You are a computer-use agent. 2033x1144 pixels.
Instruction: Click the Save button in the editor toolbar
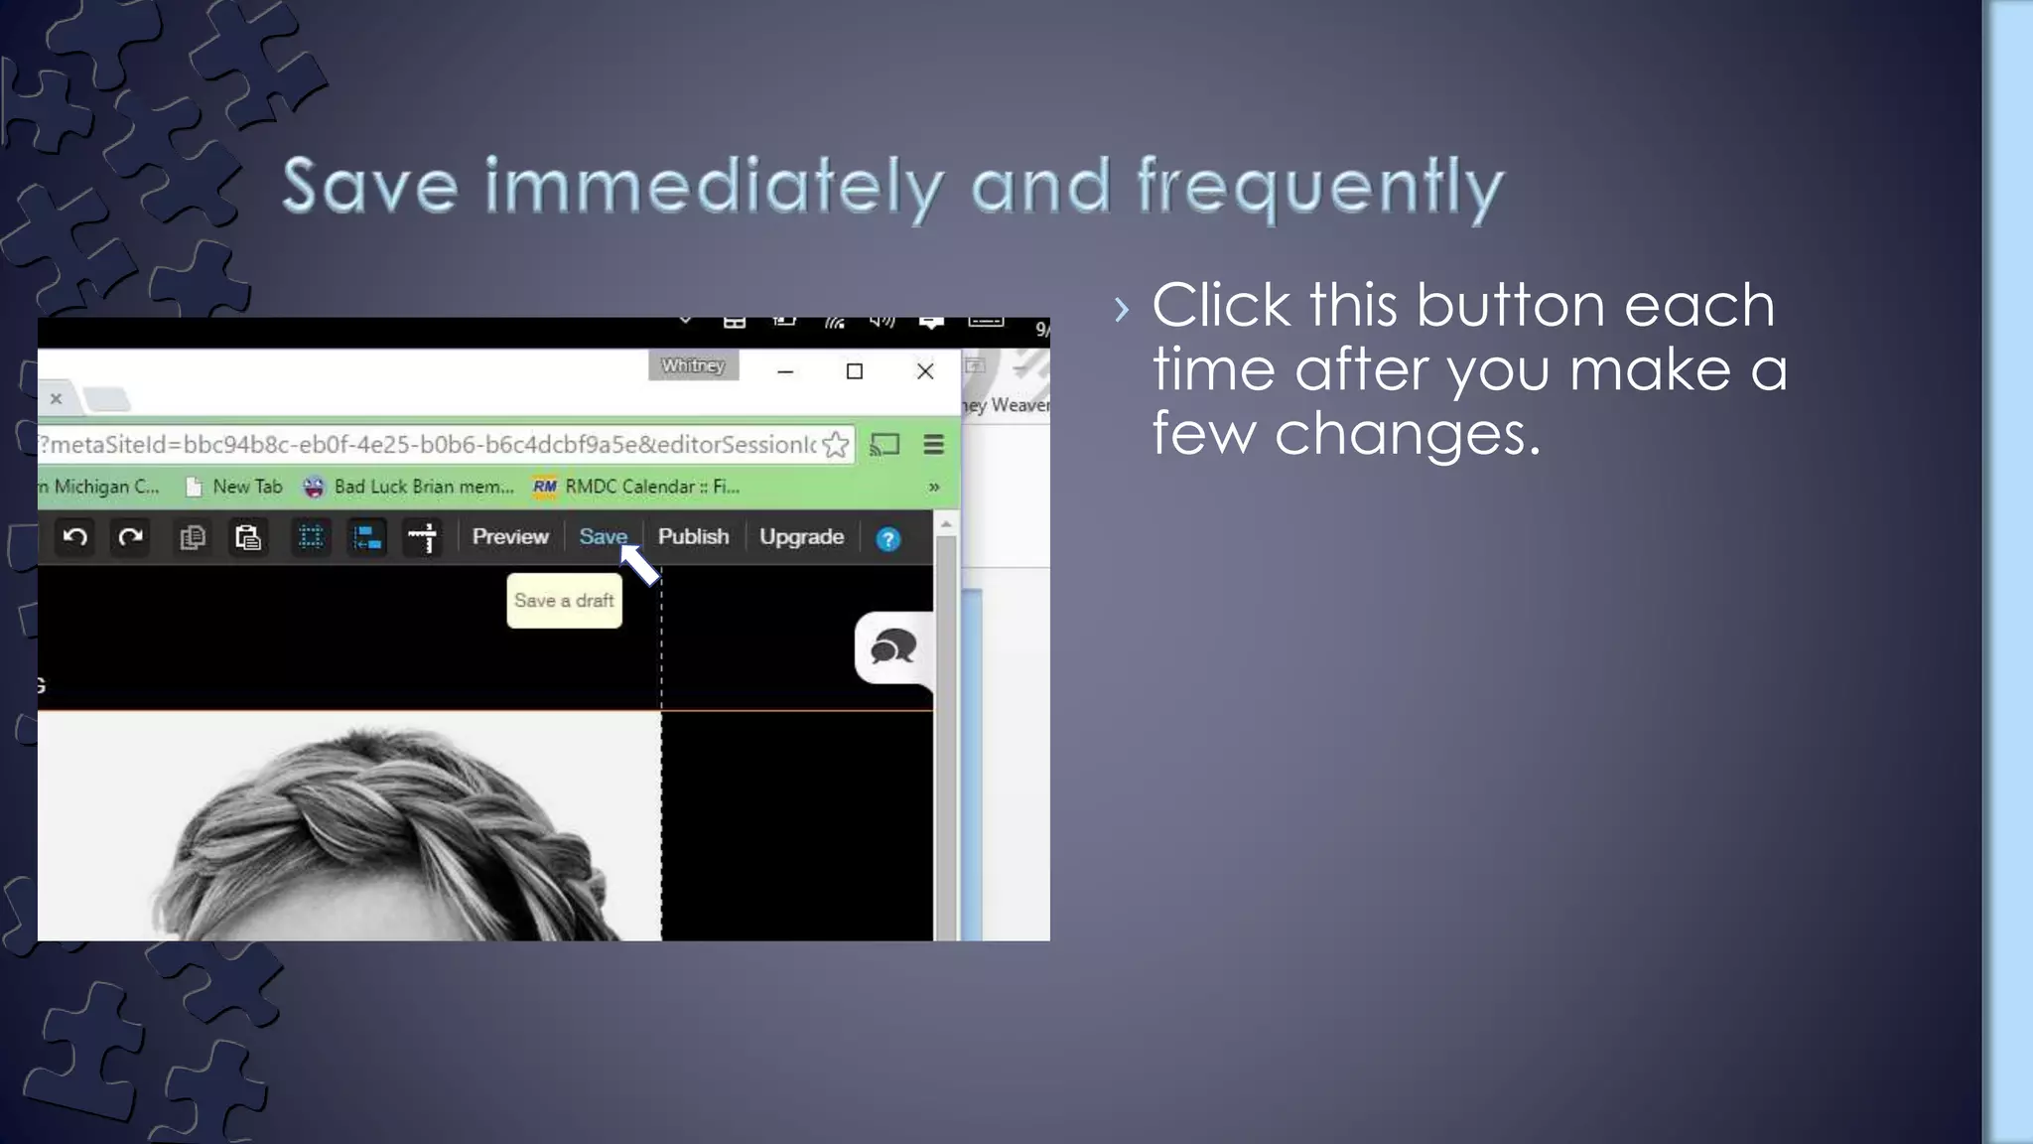[x=602, y=537]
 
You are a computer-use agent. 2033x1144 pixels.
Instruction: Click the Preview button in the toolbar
[x=510, y=537]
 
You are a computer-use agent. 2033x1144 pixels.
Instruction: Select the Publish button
[x=693, y=537]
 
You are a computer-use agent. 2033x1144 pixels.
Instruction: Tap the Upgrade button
[x=801, y=537]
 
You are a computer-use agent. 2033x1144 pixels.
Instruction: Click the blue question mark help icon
[x=887, y=539]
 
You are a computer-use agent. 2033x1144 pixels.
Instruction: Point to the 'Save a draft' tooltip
[x=564, y=601]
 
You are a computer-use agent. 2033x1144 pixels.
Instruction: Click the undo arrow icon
[x=75, y=538]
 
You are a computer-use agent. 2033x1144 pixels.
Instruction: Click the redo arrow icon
[x=130, y=538]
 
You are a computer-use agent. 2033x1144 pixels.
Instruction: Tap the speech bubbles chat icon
[x=892, y=647]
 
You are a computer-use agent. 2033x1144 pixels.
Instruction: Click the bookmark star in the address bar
[x=836, y=445]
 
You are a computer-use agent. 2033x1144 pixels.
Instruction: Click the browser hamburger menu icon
[x=933, y=445]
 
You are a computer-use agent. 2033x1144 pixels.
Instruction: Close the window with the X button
[x=925, y=371]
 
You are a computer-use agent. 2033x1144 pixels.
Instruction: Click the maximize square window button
[x=854, y=371]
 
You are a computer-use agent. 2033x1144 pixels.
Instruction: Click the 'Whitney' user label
[x=693, y=365]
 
